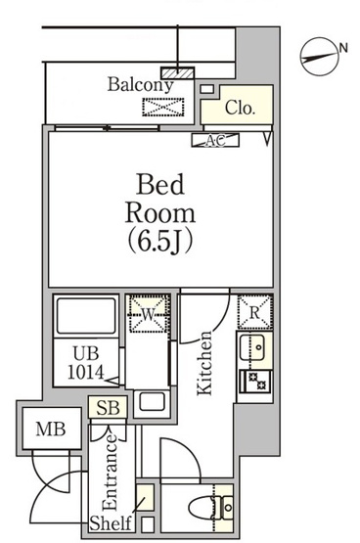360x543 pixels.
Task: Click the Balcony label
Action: tap(140, 85)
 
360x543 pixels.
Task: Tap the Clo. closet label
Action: tap(240, 108)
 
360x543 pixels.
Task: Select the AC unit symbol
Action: tap(215, 140)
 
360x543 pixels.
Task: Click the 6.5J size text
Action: tap(160, 242)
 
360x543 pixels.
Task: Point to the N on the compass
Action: tap(343, 48)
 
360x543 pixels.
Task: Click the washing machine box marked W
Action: tap(148, 314)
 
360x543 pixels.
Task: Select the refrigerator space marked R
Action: tap(254, 312)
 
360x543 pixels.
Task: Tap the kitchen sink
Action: tap(252, 347)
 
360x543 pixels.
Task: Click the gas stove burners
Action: tap(255, 381)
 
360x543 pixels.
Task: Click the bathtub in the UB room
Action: tap(86, 315)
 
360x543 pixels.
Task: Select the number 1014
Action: tap(85, 373)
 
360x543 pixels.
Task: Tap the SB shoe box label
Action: tap(108, 408)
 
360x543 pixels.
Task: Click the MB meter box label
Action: tap(51, 430)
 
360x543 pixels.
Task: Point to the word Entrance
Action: tap(111, 472)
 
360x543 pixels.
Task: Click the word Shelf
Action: tap(111, 522)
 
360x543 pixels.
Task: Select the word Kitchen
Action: tap(203, 363)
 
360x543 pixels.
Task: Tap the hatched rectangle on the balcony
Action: tap(177, 73)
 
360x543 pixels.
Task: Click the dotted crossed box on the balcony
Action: tap(163, 107)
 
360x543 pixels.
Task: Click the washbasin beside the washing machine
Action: tap(152, 403)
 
